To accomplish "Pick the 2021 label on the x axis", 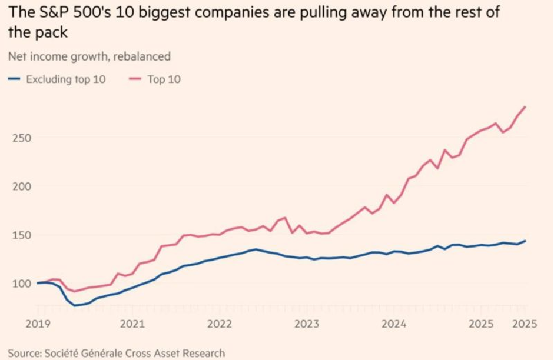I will tap(132, 324).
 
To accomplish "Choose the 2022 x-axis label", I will tap(220, 324).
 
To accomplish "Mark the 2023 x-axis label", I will tap(307, 324).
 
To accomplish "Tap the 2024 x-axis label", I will tap(394, 324).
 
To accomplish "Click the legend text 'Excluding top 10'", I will tap(66, 79).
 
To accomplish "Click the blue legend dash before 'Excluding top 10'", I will tap(14, 79).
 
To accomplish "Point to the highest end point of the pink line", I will tap(525, 106).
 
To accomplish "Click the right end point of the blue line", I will tap(525, 241).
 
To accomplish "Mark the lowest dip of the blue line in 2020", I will tap(75, 305).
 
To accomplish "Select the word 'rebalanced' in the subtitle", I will tap(144, 57).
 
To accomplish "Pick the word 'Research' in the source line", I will tap(203, 353).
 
